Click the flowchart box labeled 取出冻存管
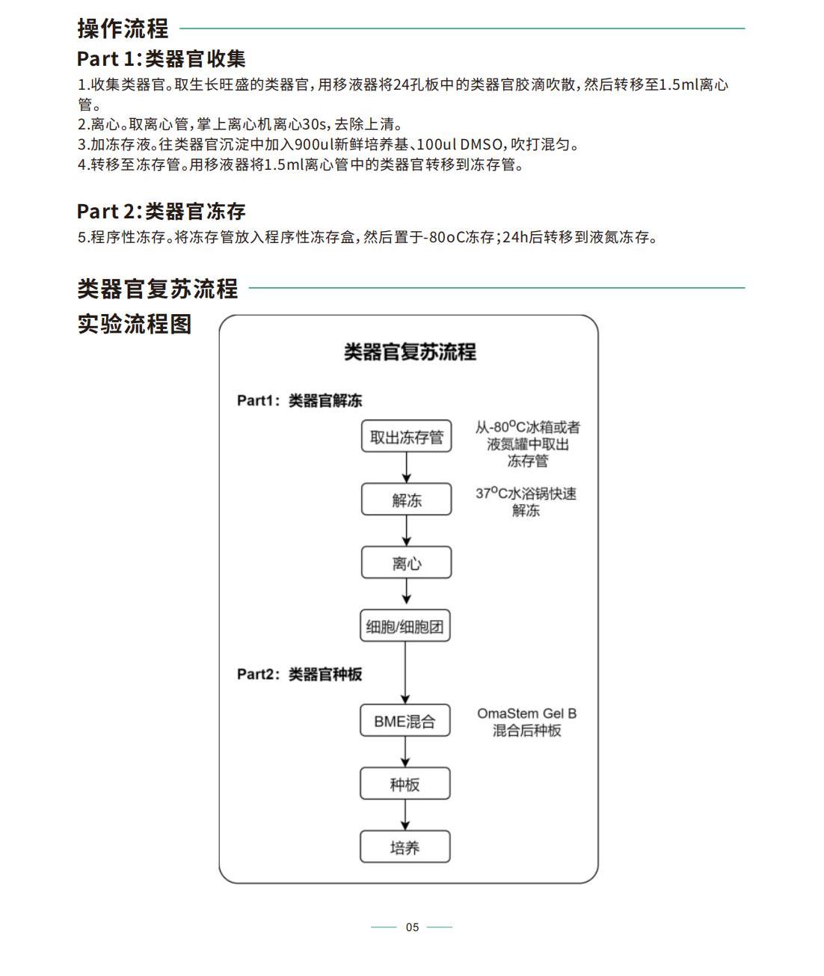[406, 436]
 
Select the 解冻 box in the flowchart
[406, 500]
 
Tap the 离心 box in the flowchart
[406, 562]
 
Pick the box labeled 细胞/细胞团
[405, 625]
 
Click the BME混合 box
[405, 720]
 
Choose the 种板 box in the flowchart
[405, 784]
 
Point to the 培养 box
[405, 847]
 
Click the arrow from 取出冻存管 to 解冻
[406, 467]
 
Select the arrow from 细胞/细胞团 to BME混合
[405, 672]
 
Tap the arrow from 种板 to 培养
[405, 814]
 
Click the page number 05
[412, 927]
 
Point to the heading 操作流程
[123, 28]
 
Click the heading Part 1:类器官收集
[162, 59]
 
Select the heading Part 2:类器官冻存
[162, 211]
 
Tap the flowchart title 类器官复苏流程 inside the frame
[410, 352]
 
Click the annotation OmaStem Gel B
[526, 713]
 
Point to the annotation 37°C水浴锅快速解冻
[526, 502]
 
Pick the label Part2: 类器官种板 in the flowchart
[300, 674]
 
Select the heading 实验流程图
[135, 324]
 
